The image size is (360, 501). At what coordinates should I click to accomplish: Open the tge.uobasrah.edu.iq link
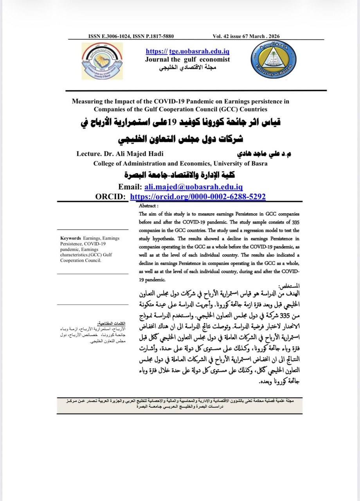187,52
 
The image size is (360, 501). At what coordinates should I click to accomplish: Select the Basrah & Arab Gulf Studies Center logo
103,62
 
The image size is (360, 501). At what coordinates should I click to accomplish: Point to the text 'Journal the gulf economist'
187,59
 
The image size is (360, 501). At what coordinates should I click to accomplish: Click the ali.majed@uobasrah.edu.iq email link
193,187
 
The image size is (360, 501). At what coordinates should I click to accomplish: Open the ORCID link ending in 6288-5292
198,196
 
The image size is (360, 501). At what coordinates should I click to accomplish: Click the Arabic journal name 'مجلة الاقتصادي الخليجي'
187,67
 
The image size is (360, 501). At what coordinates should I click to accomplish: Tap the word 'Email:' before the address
130,187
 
